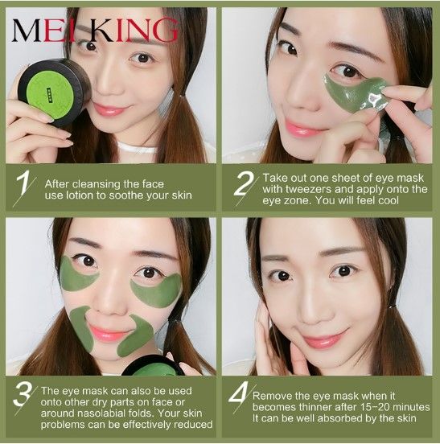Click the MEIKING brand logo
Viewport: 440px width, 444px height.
pos(95,31)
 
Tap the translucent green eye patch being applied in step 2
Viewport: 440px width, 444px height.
pos(356,92)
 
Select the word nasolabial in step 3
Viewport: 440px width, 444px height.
pos(98,413)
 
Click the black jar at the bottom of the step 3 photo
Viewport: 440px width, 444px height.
pos(153,366)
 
